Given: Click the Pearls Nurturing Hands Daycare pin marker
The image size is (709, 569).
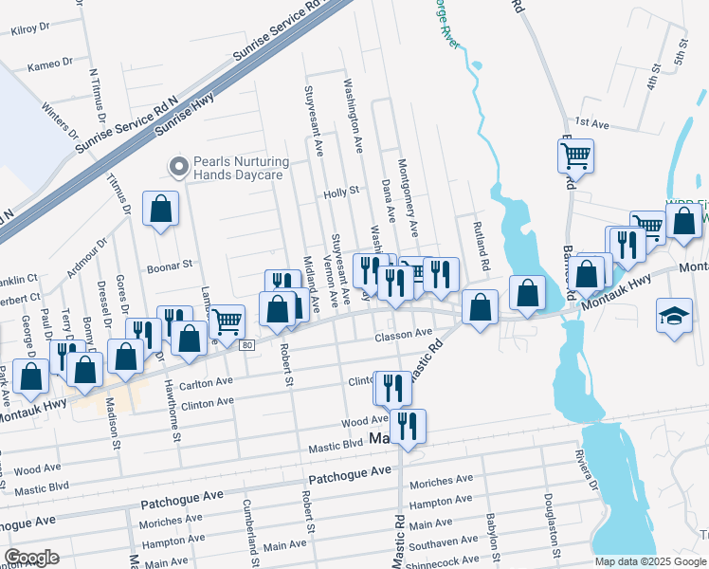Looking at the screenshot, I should coord(177,167).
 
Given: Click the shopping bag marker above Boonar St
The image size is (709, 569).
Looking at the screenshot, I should coord(161,209).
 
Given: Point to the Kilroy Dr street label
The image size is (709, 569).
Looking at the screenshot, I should coord(29,29).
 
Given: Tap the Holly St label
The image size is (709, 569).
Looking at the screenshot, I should coord(341,191).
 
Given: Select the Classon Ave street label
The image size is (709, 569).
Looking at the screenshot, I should coord(403,334).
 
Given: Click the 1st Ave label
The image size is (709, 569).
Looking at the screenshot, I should coord(591,123).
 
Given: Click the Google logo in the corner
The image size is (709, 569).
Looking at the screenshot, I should coord(32,557).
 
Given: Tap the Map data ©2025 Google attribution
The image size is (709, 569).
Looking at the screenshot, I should coord(649,561).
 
